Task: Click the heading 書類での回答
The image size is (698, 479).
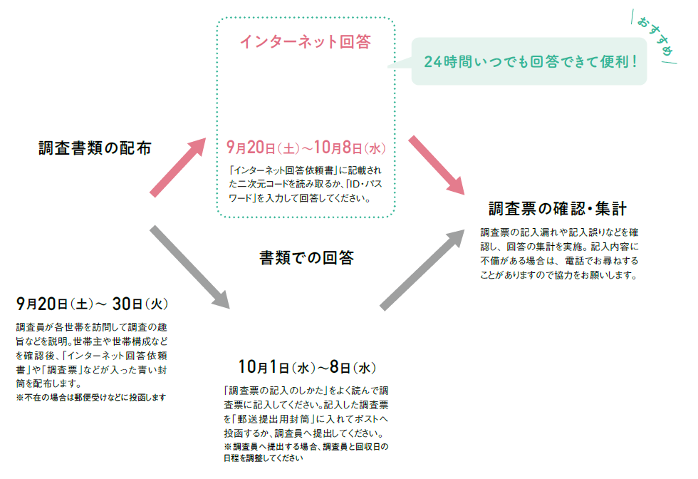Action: point(306,257)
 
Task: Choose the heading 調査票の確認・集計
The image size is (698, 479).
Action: point(558,208)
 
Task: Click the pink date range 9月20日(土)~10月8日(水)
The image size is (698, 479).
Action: point(306,148)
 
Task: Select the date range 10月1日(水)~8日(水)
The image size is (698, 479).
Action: point(307,367)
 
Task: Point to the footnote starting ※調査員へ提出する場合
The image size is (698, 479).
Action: point(306,452)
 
